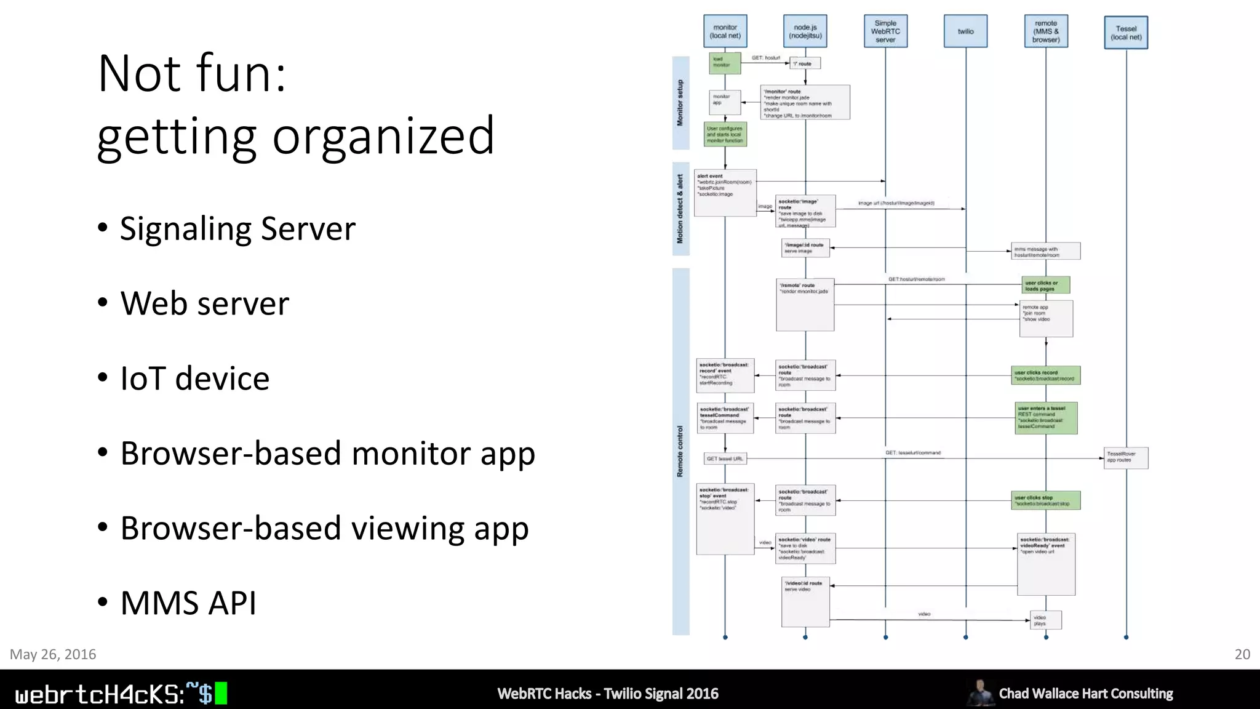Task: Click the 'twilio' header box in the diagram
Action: [965, 31]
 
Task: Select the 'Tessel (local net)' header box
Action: [1126, 33]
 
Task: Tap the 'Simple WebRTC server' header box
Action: [885, 31]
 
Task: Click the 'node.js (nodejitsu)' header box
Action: [805, 31]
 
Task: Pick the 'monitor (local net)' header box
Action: [725, 31]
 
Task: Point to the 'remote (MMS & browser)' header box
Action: [1046, 31]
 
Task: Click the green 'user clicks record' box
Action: [1045, 375]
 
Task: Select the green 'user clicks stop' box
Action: [1045, 500]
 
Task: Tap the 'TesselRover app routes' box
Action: [1125, 457]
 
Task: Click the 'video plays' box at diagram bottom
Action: [1045, 620]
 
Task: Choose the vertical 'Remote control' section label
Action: [680, 451]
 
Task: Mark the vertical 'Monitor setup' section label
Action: [680, 103]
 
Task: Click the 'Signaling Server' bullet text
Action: [237, 229]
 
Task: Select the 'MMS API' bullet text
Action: [188, 603]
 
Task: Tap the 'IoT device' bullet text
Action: [195, 379]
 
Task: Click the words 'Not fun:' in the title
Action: [192, 74]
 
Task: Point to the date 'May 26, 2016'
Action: [53, 654]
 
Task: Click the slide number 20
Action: [1242, 654]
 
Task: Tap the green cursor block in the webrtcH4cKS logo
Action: [221, 694]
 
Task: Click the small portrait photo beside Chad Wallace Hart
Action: [980, 693]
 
